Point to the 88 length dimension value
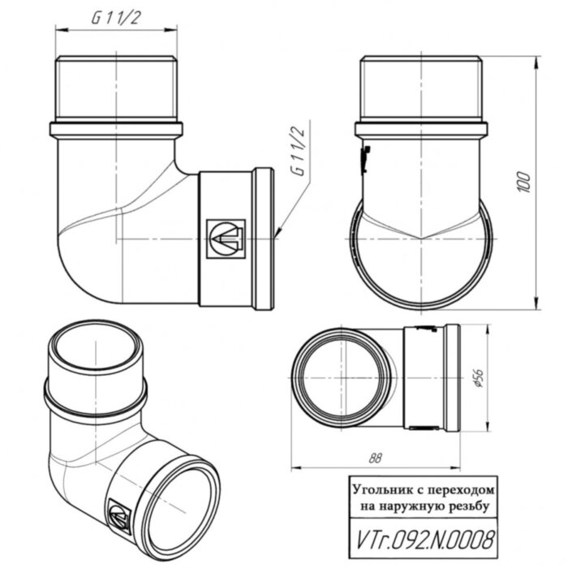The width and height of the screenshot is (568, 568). (374, 458)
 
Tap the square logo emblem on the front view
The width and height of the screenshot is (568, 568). (225, 238)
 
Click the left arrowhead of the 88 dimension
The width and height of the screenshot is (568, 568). (293, 468)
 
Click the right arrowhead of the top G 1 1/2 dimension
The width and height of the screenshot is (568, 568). (175, 31)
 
